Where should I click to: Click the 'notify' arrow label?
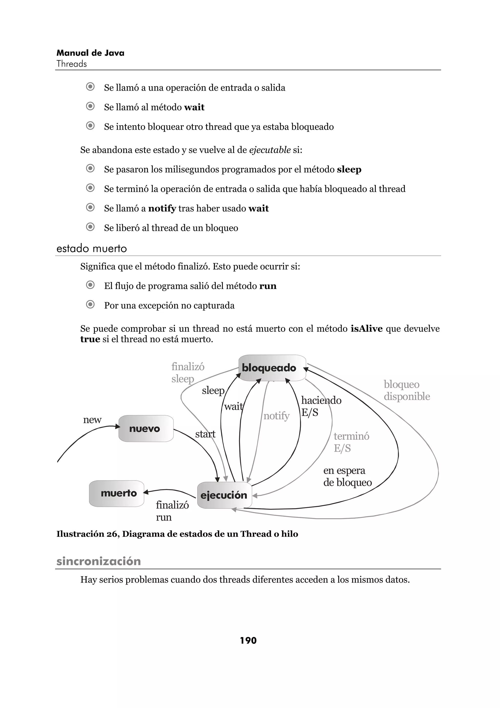click(276, 416)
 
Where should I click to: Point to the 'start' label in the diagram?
click(205, 434)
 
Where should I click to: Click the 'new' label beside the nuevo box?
click(92, 420)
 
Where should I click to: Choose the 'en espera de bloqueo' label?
click(347, 476)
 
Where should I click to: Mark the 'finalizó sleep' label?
click(187, 373)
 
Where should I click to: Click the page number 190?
click(248, 641)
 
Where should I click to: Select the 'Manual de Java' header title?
click(91, 53)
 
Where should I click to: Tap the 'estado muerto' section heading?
click(92, 248)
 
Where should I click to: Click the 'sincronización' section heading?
click(99, 561)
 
